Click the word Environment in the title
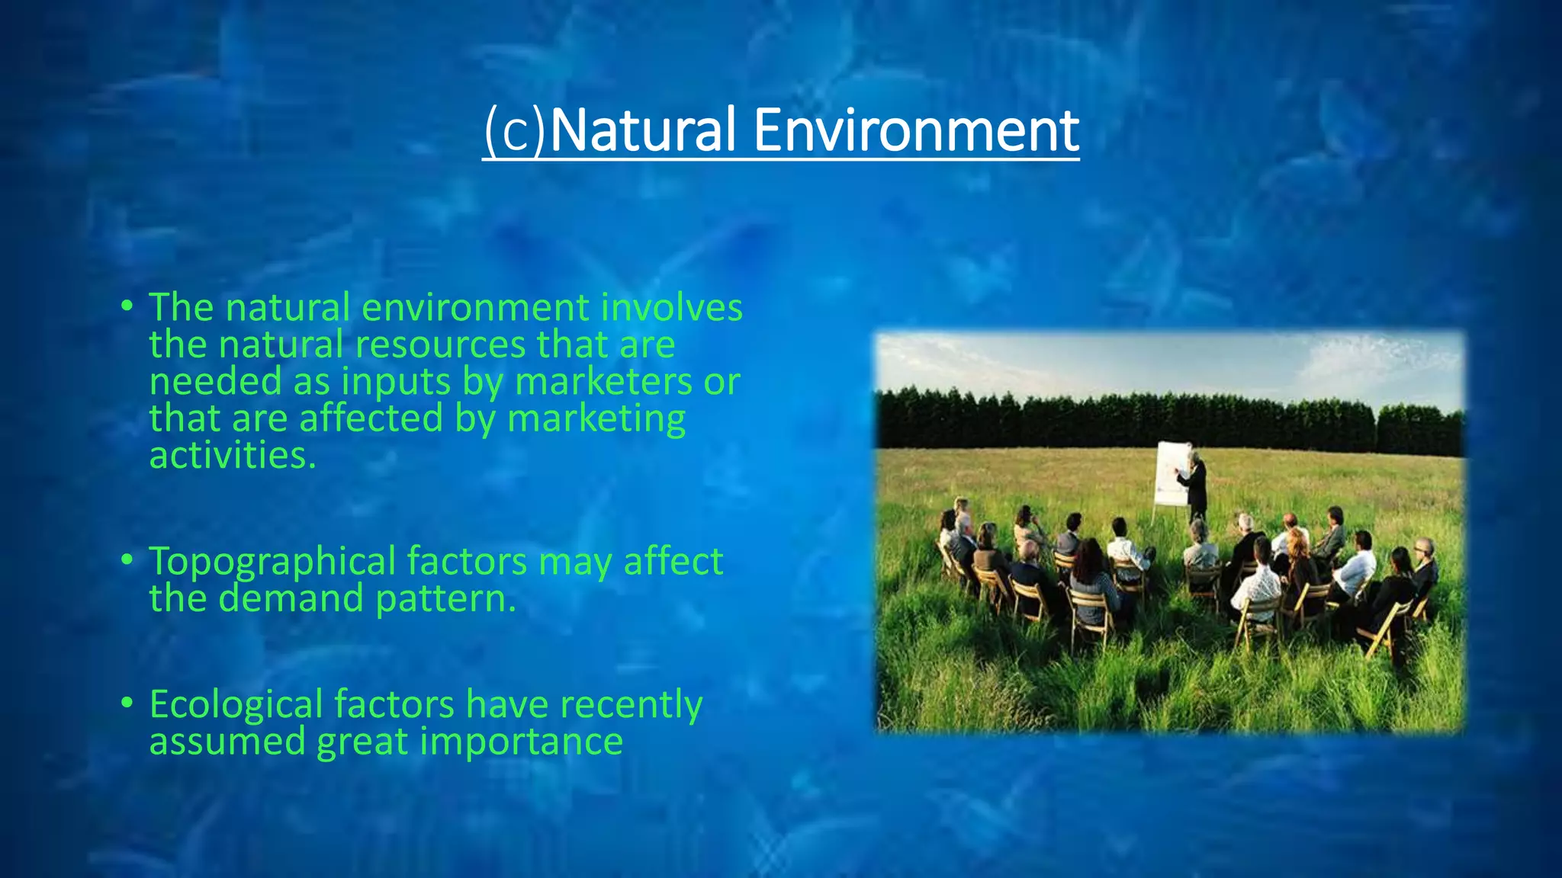pos(916,131)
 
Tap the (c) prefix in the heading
pos(515,131)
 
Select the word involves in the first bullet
pos(671,308)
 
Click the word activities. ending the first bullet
pos(232,456)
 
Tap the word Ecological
pos(236,705)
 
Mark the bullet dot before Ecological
pos(127,703)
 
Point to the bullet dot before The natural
pos(127,306)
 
